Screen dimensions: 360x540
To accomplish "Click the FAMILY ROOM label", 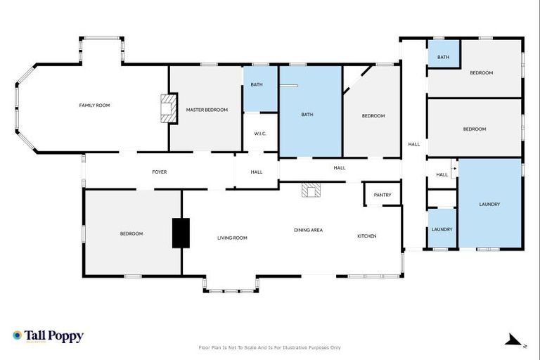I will pyautogui.click(x=94, y=105).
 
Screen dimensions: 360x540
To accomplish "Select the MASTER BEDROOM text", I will pyautogui.click(x=207, y=110).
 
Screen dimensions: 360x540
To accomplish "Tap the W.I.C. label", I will pyautogui.click(x=260, y=134).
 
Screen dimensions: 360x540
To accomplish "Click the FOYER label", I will pyautogui.click(x=160, y=172).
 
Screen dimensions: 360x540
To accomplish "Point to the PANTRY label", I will pyautogui.click(x=382, y=195).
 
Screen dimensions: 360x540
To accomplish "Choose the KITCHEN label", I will pyautogui.click(x=366, y=236).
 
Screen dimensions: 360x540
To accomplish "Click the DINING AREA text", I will pyautogui.click(x=308, y=230).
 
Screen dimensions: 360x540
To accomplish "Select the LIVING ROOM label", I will pyautogui.click(x=231, y=238).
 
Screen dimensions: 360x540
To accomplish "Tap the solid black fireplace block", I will pyautogui.click(x=181, y=233).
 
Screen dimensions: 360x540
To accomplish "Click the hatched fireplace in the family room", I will pyautogui.click(x=167, y=110).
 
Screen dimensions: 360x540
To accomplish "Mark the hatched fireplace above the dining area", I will pyautogui.click(x=310, y=189).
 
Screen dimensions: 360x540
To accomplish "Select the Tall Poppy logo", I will pyautogui.click(x=48, y=336).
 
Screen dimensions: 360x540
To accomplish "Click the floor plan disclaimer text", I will pyautogui.click(x=270, y=347).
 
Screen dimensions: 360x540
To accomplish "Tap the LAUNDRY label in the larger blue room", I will pyautogui.click(x=489, y=204).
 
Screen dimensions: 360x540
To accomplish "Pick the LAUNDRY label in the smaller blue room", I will pyautogui.click(x=442, y=229).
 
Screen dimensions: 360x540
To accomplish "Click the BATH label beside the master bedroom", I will pyautogui.click(x=257, y=84).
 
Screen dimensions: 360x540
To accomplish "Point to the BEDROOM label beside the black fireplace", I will pyautogui.click(x=131, y=233).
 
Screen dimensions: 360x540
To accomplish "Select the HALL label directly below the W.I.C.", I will pyautogui.click(x=257, y=172).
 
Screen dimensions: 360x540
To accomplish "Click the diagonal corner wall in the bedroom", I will pyautogui.click(x=354, y=79).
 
